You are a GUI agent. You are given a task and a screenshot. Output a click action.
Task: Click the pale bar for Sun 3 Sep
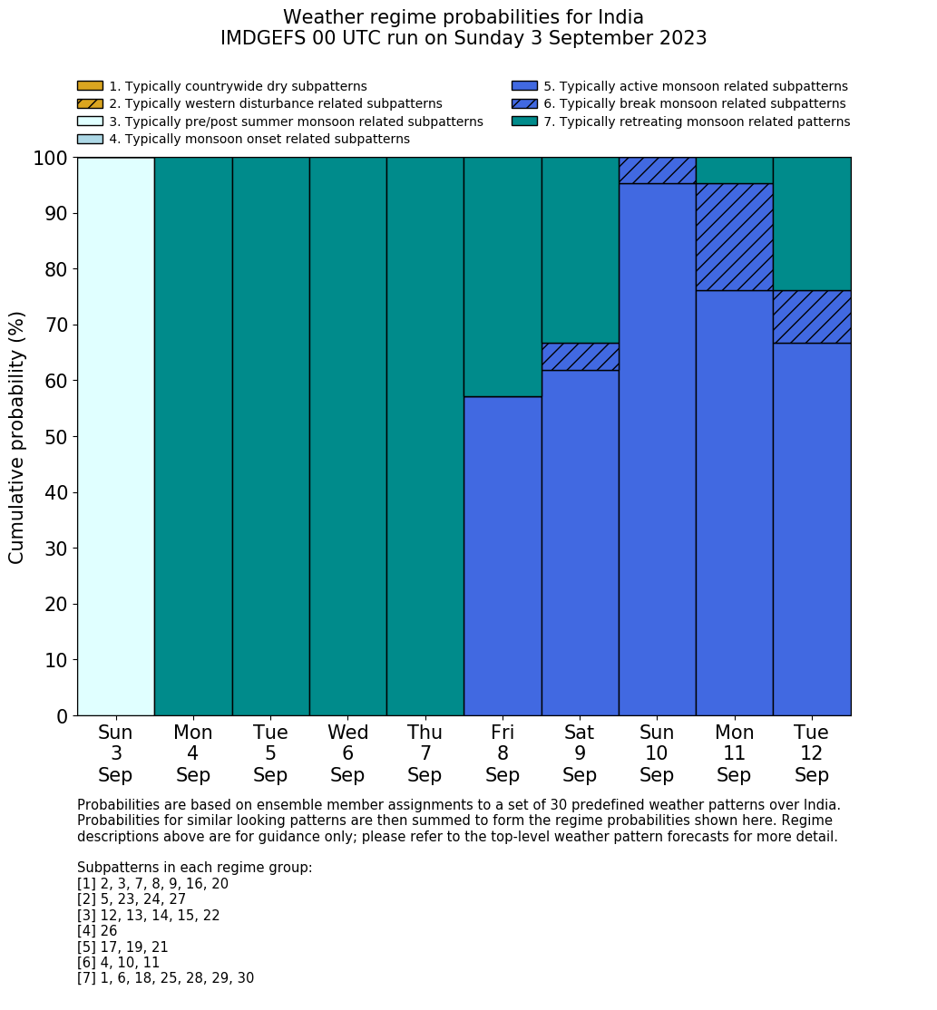[115, 436]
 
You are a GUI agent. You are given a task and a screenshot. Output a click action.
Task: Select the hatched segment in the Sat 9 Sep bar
[580, 356]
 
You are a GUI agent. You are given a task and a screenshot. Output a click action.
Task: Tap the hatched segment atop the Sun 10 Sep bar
[657, 170]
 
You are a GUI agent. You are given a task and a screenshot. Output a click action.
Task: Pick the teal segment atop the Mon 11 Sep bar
[734, 170]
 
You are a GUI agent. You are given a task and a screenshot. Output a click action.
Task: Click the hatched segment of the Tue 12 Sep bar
[811, 316]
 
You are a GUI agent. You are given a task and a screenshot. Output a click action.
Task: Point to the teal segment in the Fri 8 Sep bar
[503, 277]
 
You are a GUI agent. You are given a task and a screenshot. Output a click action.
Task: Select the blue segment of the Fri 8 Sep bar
[503, 556]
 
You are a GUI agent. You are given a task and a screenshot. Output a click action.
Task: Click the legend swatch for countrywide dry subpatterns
[90, 86]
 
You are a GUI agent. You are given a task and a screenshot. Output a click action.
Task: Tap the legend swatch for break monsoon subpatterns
[524, 103]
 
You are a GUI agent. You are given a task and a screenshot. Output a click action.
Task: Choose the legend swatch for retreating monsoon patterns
[524, 121]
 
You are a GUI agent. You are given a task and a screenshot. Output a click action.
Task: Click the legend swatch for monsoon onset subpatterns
[90, 139]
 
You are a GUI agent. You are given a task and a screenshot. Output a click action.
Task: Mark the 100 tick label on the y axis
[51, 159]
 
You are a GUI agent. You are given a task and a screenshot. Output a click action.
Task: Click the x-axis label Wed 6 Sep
[347, 753]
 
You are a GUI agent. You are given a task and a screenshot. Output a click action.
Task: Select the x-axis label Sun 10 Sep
[657, 753]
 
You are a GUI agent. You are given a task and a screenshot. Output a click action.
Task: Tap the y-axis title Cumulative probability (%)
[17, 437]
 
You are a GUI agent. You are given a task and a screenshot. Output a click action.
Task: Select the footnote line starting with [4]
[97, 931]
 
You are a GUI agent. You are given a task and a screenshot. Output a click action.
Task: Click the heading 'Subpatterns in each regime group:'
[194, 868]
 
